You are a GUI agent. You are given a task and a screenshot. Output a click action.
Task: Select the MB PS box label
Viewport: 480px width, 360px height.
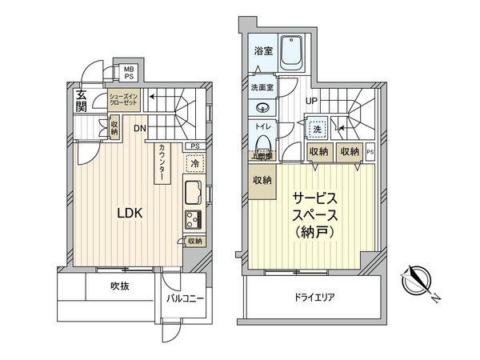point(128,74)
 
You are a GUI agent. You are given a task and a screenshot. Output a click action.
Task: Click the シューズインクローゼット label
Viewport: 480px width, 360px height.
point(126,101)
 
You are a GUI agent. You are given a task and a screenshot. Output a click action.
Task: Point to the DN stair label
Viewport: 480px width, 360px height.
point(139,128)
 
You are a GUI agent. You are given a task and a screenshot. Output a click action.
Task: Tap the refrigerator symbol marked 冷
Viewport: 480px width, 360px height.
point(193,163)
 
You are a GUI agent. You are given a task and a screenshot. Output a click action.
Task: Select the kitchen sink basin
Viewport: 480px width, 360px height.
point(194,194)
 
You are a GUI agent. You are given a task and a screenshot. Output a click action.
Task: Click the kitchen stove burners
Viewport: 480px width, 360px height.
point(194,219)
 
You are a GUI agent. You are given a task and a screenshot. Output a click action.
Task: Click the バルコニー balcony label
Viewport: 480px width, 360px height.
point(186,299)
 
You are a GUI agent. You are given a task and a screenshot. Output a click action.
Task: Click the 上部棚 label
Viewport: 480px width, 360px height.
point(262,157)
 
